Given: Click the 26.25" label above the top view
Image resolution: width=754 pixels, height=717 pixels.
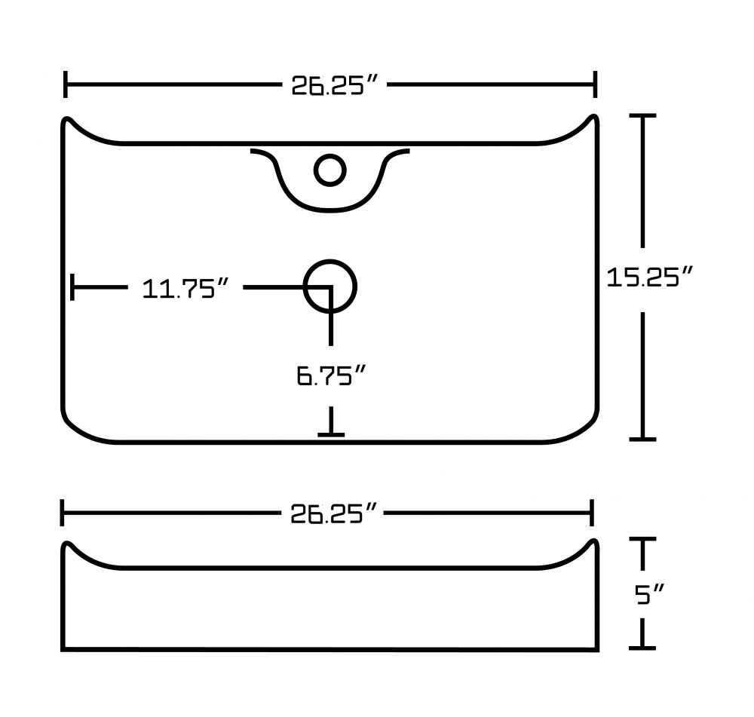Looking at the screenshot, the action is click(x=335, y=85).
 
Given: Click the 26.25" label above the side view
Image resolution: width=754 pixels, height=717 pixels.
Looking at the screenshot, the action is click(x=333, y=513).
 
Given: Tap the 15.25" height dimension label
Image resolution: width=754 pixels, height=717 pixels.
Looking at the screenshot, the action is click(x=649, y=277).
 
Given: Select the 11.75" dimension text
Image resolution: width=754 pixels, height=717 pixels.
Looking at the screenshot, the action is click(x=185, y=289).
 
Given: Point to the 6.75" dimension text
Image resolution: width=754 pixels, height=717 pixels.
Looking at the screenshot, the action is click(x=331, y=375).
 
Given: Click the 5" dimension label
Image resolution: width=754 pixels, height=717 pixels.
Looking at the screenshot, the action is click(x=649, y=594).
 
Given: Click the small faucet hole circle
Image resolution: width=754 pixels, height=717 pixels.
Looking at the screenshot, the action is click(x=330, y=170).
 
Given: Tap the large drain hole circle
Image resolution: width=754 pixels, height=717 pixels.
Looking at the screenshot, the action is click(x=330, y=286).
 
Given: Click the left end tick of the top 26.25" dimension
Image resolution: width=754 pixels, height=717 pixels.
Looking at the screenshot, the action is click(x=66, y=84).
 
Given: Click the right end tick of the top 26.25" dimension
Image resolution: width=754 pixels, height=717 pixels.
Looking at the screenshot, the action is click(x=596, y=84).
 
